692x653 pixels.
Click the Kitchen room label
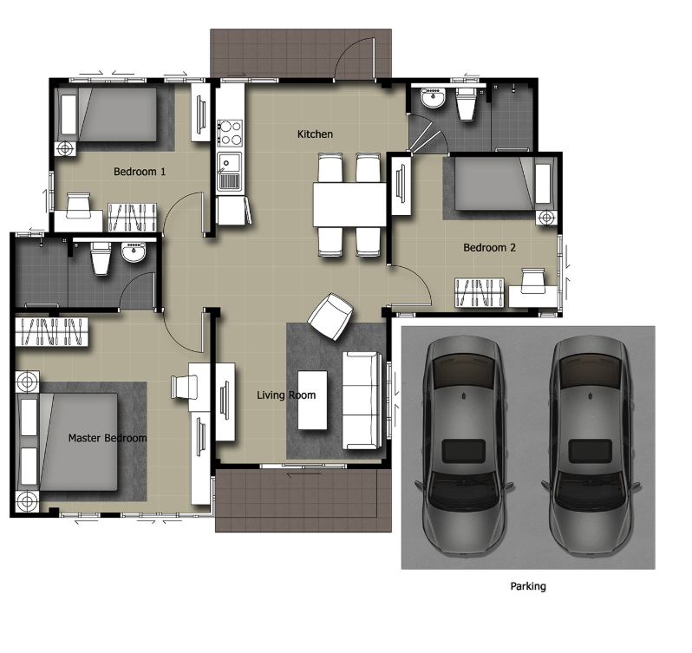(x=315, y=134)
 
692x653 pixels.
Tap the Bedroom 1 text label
(x=140, y=172)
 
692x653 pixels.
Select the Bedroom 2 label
(x=489, y=247)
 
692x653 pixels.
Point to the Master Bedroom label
(x=108, y=438)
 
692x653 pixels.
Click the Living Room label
(x=286, y=395)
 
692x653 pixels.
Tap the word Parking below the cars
(x=528, y=586)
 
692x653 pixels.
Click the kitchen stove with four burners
(x=230, y=134)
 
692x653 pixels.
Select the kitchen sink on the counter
(x=229, y=172)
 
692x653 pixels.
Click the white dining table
(x=349, y=205)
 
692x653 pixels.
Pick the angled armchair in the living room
(x=330, y=317)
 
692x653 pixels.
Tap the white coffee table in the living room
(x=312, y=400)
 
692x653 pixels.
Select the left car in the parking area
(x=464, y=446)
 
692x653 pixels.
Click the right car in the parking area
(x=591, y=446)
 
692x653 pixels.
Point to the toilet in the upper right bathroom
(x=466, y=104)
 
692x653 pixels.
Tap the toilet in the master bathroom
(x=101, y=258)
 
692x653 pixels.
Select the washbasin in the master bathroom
(x=134, y=252)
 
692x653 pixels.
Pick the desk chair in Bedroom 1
(x=79, y=206)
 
